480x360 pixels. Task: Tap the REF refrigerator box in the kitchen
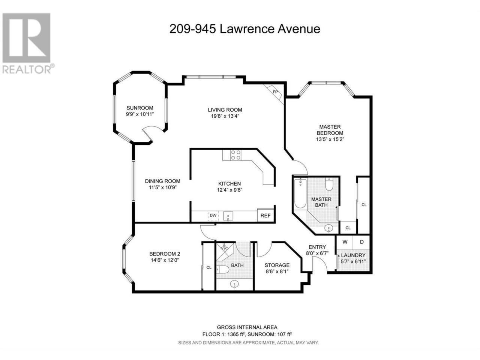[265, 216]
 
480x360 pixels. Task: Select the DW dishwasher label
[213, 215]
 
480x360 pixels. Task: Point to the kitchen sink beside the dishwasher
[228, 216]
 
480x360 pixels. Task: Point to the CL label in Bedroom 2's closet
[209, 267]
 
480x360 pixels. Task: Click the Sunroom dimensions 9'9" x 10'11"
[140, 114]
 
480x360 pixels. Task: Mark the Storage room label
[277, 265]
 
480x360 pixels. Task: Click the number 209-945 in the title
[192, 29]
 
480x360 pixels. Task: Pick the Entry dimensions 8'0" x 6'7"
[317, 253]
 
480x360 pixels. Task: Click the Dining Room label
[163, 181]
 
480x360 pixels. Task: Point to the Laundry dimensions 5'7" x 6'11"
[353, 261]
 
